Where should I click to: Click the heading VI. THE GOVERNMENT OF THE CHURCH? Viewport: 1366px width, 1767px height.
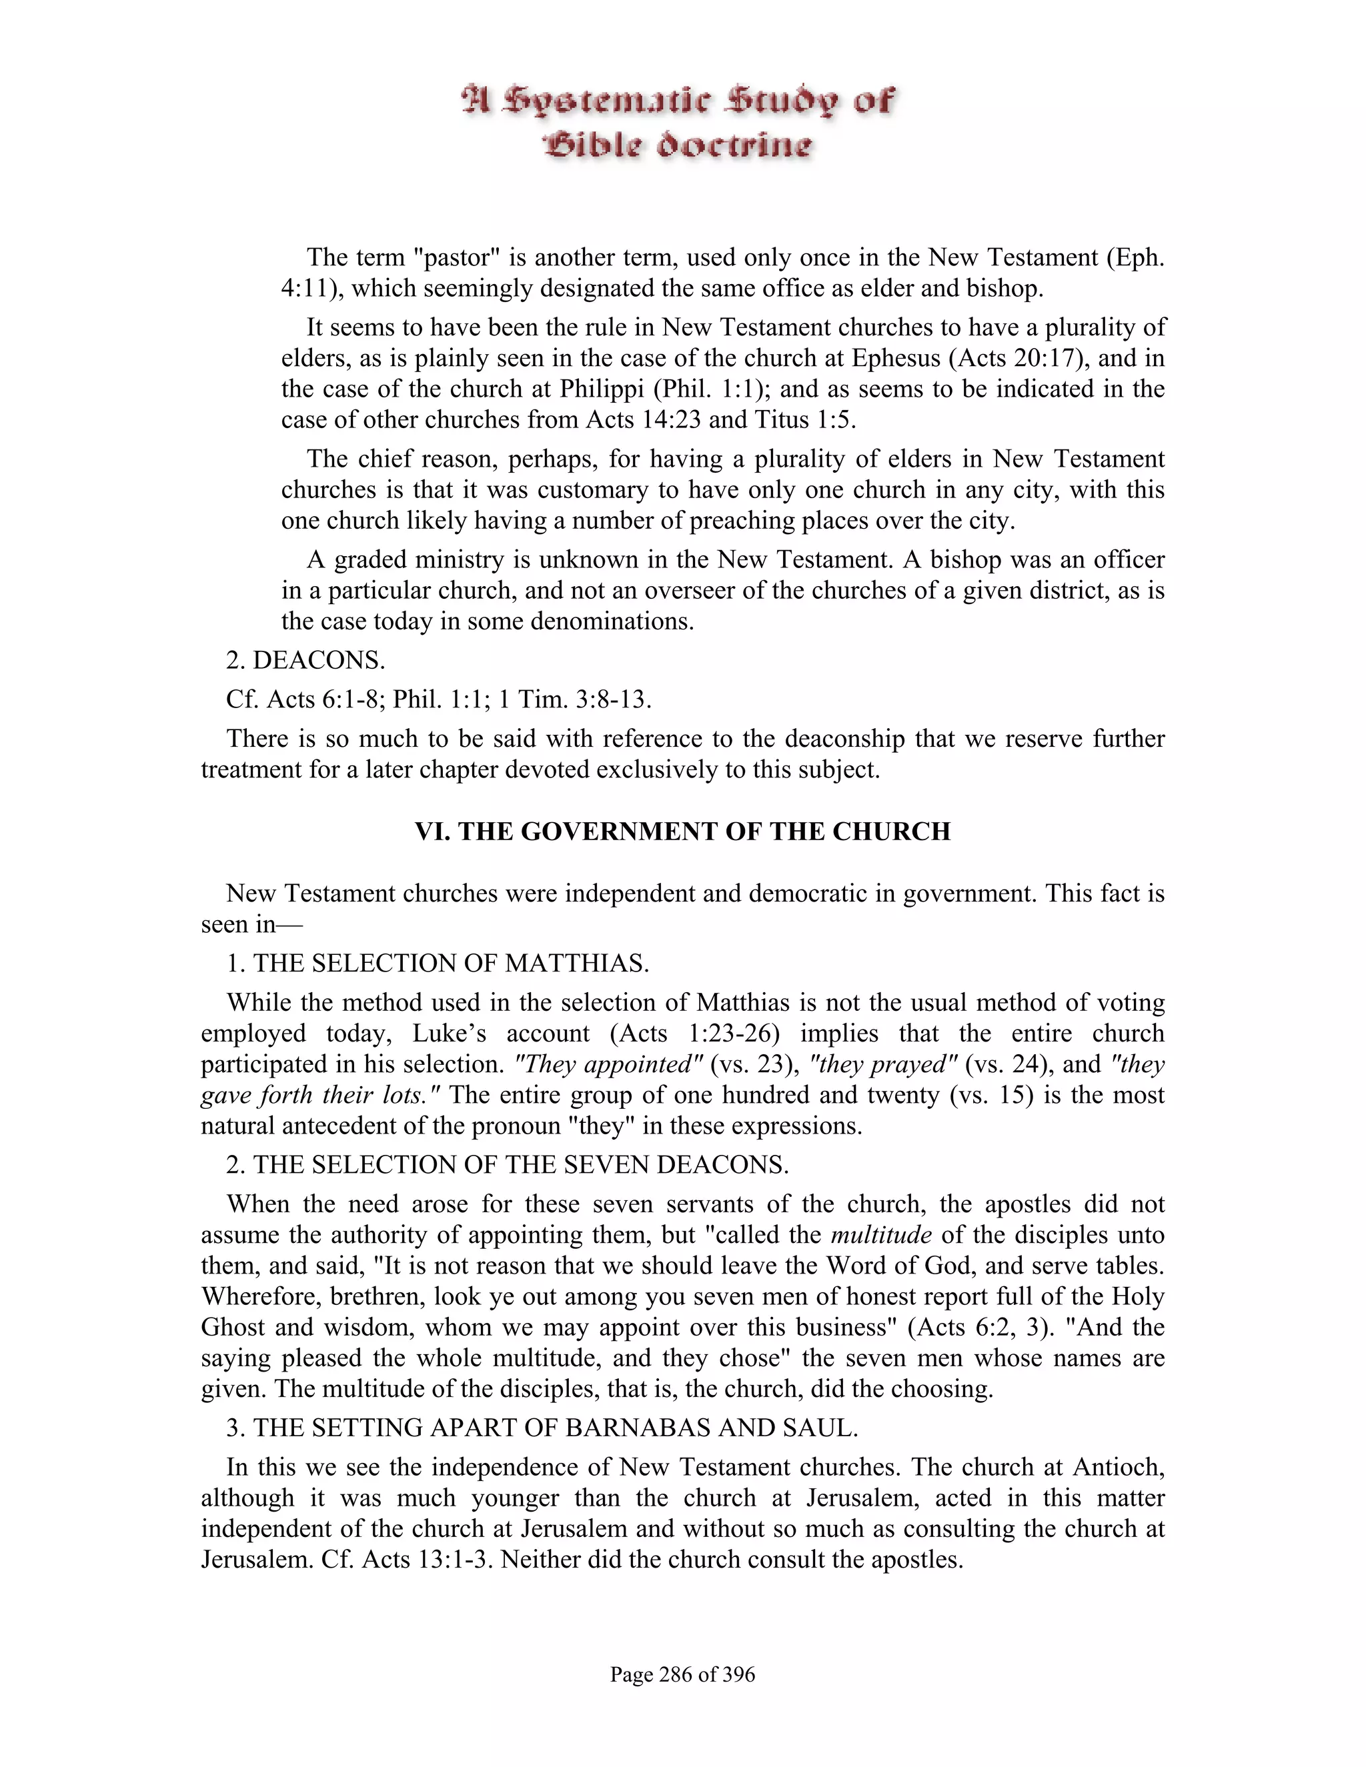pyautogui.click(x=682, y=831)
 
